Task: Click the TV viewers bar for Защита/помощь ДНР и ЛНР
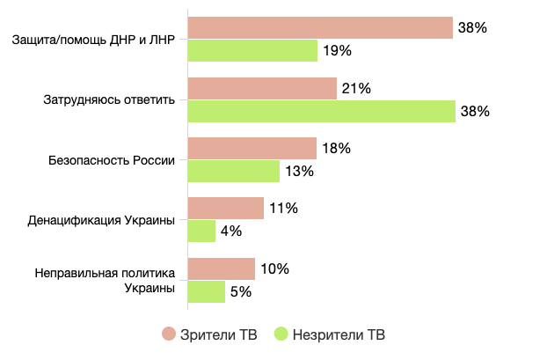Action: [x=320, y=28]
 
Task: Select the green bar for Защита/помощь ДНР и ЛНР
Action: [x=252, y=51]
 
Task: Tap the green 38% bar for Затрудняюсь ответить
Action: [x=321, y=111]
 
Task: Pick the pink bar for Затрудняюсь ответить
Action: [x=262, y=88]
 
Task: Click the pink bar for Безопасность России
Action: [x=252, y=149]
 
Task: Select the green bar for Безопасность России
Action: [x=233, y=172]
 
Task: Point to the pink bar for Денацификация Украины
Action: [x=225, y=209]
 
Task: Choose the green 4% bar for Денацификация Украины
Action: [x=201, y=231]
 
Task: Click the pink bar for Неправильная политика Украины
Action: [x=221, y=268]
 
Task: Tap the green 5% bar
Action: [x=206, y=291]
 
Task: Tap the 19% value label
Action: [x=338, y=51]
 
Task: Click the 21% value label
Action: [x=357, y=88]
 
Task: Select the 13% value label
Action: [x=300, y=172]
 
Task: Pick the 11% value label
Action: [x=284, y=209]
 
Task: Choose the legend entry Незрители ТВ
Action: [x=331, y=334]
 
